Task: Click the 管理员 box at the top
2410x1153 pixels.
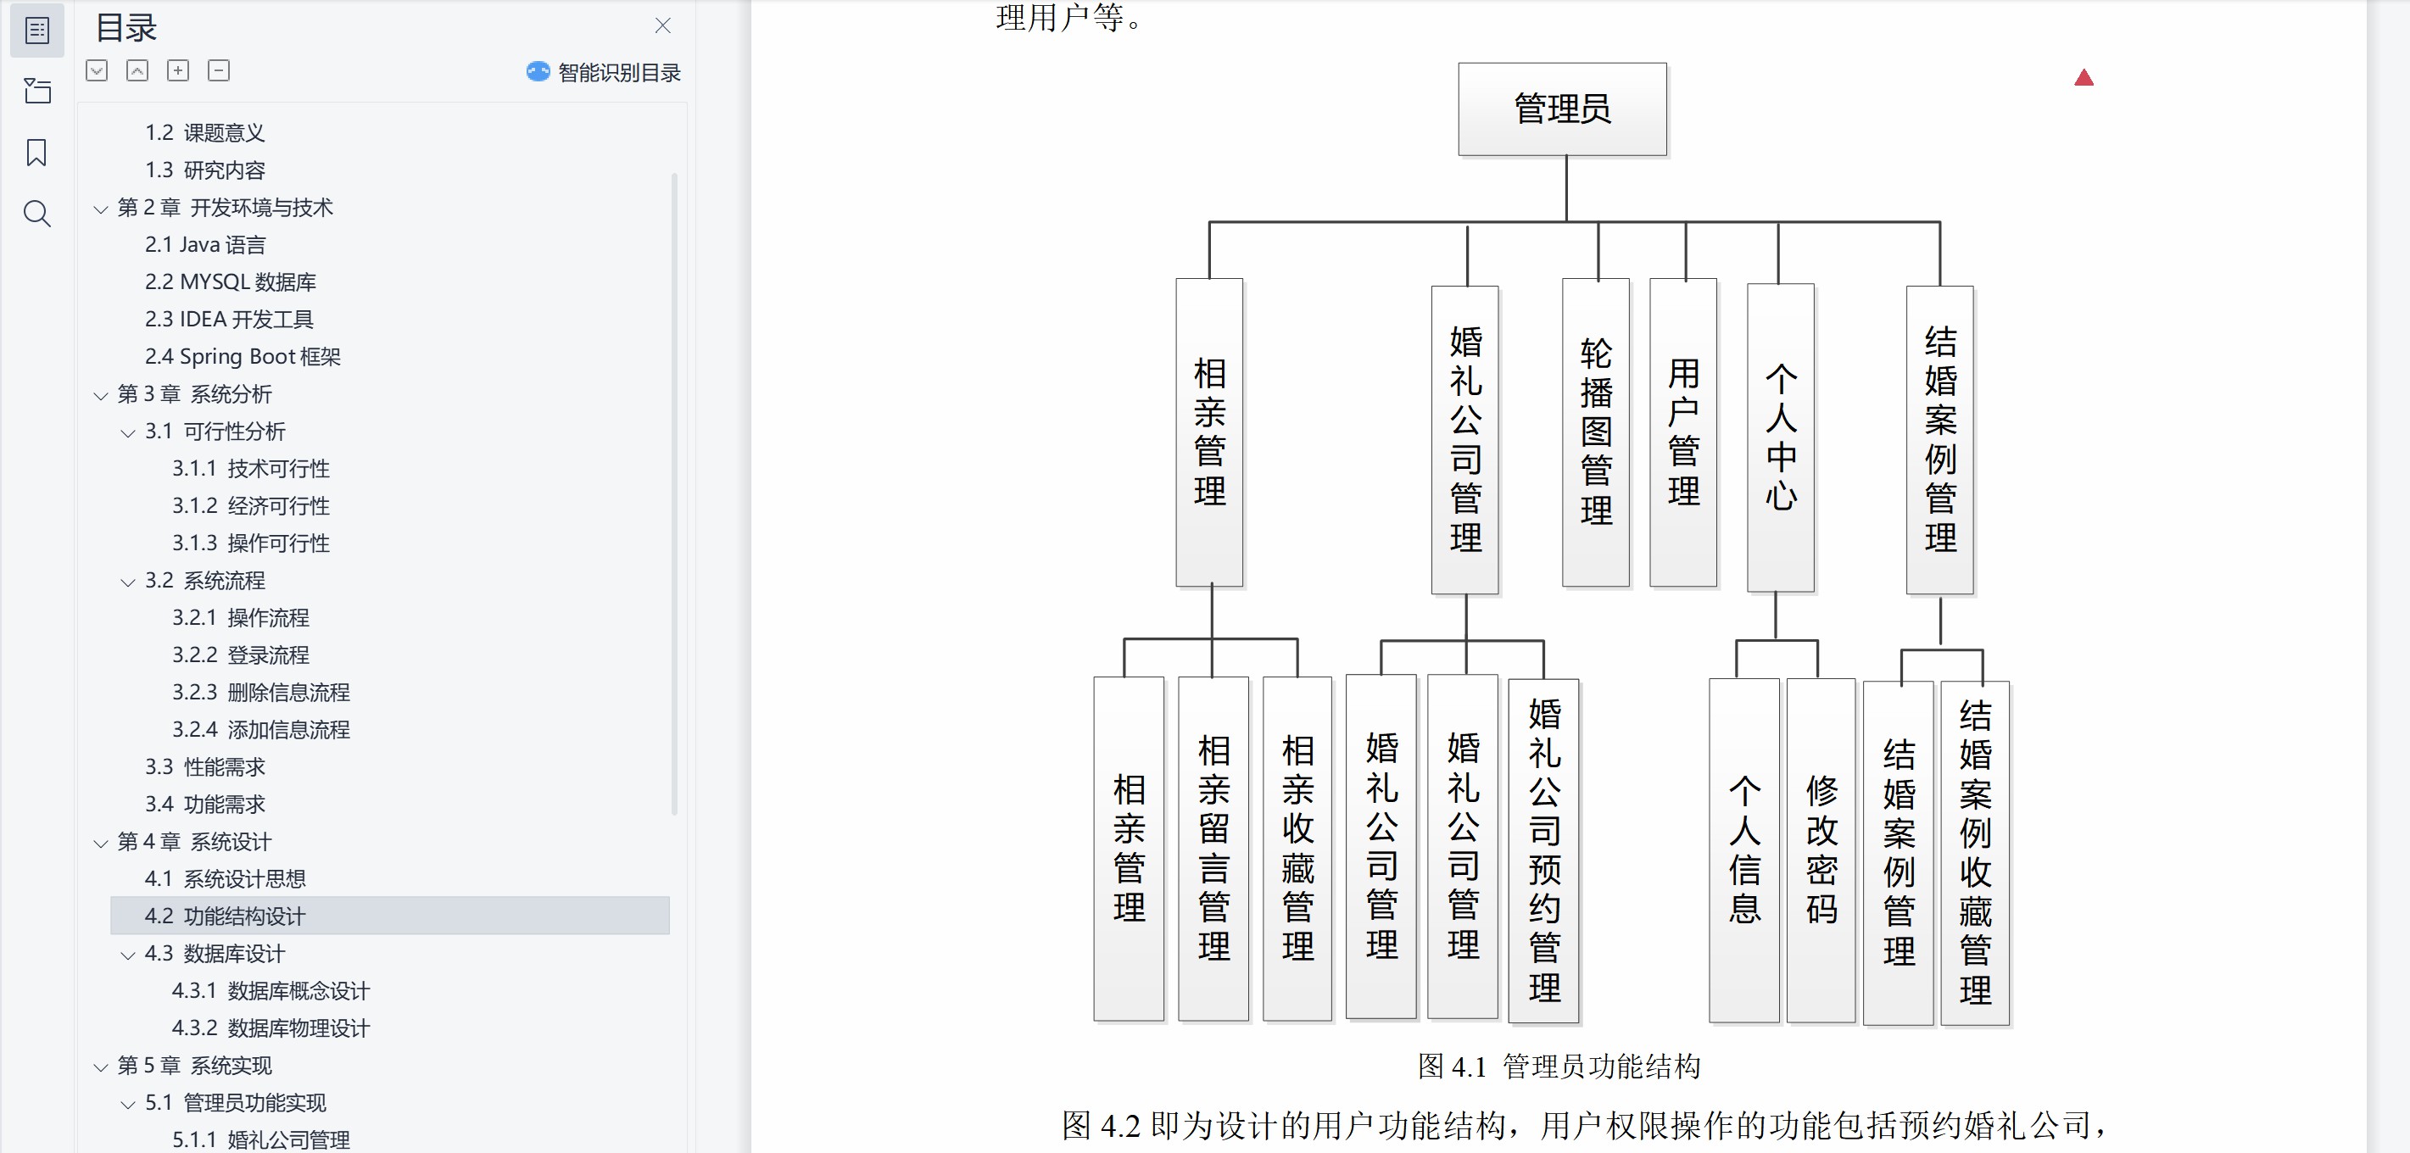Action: [x=1561, y=109]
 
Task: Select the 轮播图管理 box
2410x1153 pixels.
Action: [x=1595, y=432]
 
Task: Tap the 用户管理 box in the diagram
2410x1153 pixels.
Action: [x=1682, y=432]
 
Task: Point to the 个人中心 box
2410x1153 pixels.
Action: [x=1781, y=437]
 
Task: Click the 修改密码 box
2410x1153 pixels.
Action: [x=1821, y=849]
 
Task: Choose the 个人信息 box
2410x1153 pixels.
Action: [x=1743, y=849]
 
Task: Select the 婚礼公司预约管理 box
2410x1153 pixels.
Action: [x=1543, y=849]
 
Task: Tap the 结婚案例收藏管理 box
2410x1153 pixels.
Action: [x=1974, y=852]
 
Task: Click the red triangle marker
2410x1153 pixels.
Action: [x=2084, y=78]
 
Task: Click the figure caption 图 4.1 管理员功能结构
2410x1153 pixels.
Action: [x=1559, y=1066]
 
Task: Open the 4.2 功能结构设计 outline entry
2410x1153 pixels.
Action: [x=225, y=916]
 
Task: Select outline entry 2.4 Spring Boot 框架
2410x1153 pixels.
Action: [x=243, y=356]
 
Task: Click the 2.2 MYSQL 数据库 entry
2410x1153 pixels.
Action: [x=230, y=281]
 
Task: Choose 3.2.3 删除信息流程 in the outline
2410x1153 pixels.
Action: [x=260, y=692]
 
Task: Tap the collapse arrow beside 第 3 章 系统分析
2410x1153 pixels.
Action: [x=101, y=396]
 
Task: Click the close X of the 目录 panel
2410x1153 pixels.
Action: [x=662, y=26]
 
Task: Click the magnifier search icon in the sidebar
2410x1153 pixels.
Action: [x=36, y=214]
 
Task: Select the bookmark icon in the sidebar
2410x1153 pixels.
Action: [x=36, y=153]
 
